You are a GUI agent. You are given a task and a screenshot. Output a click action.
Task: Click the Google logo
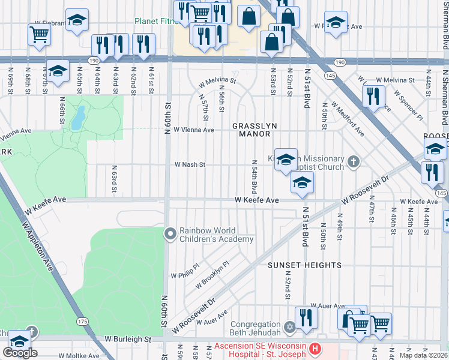(20, 352)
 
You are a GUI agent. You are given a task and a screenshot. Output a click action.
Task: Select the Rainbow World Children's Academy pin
(170, 233)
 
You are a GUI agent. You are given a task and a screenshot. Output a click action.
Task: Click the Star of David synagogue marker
(290, 327)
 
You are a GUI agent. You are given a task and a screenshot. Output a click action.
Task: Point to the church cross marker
(354, 161)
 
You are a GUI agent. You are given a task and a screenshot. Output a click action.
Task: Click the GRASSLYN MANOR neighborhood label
(255, 130)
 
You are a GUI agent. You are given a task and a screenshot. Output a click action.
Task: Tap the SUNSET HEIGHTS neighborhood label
(304, 265)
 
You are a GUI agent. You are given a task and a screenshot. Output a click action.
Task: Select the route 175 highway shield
(82, 322)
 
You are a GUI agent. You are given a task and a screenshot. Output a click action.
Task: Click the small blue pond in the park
(77, 118)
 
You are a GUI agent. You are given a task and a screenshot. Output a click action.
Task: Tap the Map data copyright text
(424, 355)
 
